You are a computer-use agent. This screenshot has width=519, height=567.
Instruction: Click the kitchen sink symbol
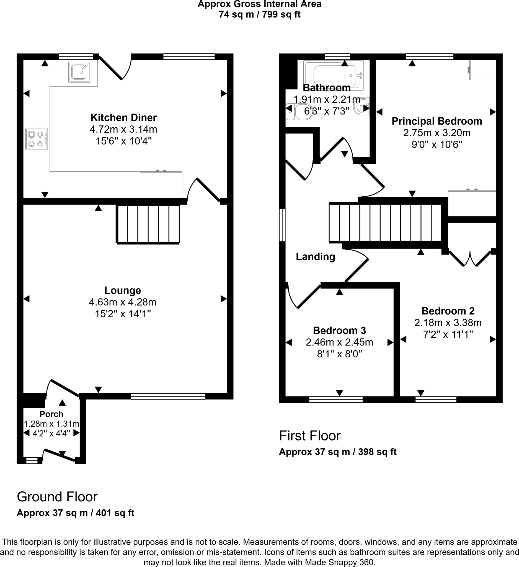coord(80,72)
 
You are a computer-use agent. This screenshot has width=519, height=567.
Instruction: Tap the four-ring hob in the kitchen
coord(37,139)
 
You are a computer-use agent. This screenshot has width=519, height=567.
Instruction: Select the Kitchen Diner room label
coord(123,118)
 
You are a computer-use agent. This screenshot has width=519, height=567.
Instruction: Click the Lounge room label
coord(123,290)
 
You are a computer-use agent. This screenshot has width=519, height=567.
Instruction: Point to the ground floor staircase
coord(148,224)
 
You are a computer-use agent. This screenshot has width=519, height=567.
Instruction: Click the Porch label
coord(51,414)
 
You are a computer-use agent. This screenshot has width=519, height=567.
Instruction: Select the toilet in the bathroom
coord(299,111)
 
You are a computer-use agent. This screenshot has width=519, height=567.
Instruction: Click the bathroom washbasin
coord(361,106)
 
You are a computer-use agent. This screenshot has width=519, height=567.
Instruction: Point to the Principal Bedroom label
coord(437,121)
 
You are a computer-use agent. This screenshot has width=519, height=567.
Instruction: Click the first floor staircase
coord(385,223)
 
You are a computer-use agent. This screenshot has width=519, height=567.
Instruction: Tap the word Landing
coord(316,257)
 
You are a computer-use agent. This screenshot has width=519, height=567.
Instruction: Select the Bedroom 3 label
coord(339,331)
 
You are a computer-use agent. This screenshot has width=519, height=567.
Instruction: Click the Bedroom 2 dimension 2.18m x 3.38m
coord(448,323)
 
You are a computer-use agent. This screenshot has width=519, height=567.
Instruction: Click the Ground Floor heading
coord(57,497)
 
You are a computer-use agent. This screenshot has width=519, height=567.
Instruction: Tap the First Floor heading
coord(309,436)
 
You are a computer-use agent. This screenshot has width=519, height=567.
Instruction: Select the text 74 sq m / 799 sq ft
coord(260,14)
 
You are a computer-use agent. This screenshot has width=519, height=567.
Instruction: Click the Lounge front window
coord(168,396)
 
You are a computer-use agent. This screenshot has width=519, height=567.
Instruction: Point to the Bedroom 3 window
coord(336,400)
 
